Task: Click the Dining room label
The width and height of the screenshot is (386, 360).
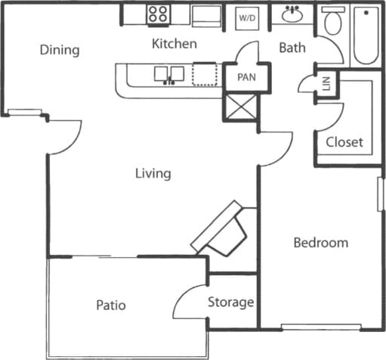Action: tap(60, 51)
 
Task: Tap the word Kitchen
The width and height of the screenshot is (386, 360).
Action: tap(174, 44)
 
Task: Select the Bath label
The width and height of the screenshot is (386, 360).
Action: tap(292, 48)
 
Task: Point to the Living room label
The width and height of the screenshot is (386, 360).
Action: tap(153, 174)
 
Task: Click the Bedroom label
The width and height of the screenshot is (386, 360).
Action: tap(320, 243)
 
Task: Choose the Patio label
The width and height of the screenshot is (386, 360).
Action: tap(110, 306)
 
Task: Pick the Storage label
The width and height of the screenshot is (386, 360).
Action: tap(230, 303)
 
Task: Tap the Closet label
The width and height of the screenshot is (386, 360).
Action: tap(344, 141)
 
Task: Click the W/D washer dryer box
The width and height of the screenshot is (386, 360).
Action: tap(246, 17)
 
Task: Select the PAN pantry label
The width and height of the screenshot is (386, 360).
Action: tap(246, 77)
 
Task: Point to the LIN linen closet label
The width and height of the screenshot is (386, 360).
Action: tap(326, 84)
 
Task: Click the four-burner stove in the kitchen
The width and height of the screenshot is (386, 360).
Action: tap(159, 14)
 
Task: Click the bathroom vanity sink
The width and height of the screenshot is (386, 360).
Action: tap(292, 15)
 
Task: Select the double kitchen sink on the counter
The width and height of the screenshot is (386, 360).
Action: tap(171, 74)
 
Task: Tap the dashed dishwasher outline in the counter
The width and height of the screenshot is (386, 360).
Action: tap(203, 75)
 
